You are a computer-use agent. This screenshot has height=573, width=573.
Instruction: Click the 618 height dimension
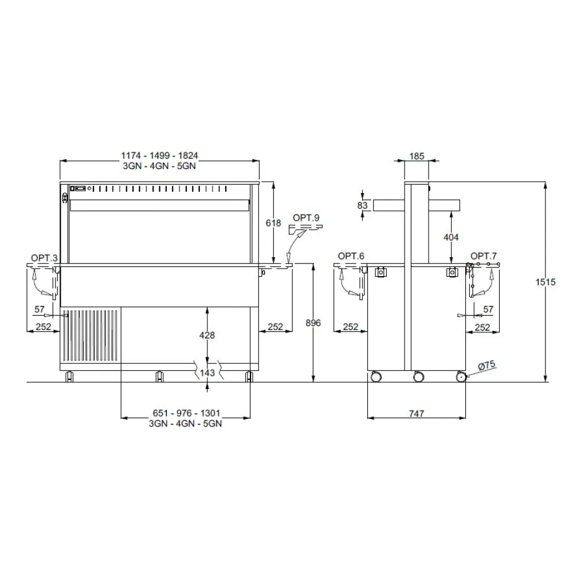[x=274, y=223]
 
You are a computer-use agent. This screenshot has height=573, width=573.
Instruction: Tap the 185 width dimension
[x=417, y=155]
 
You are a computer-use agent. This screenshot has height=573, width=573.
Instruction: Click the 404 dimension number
[x=452, y=236]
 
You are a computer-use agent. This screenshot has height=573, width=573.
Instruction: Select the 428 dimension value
[x=207, y=335]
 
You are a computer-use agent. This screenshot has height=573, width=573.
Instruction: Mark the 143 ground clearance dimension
[x=207, y=373]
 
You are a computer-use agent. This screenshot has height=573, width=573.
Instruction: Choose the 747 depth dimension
[x=417, y=414]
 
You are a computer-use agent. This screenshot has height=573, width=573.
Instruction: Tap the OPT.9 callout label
[x=304, y=218]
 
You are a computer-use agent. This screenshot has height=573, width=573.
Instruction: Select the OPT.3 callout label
[x=45, y=258]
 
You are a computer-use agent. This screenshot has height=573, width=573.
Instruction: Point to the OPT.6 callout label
[x=351, y=256]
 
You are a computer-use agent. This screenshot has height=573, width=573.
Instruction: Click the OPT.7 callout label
[x=484, y=256]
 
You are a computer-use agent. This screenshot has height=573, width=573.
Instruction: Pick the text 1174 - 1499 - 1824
[x=160, y=155]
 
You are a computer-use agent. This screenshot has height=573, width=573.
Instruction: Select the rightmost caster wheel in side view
[x=460, y=377]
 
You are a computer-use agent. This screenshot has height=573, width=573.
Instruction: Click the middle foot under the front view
[x=159, y=376]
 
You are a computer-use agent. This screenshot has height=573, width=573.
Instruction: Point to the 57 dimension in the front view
[x=39, y=309]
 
